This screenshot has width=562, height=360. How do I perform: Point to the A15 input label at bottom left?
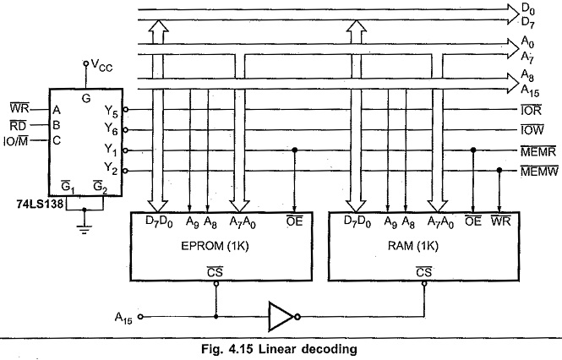pos(126,318)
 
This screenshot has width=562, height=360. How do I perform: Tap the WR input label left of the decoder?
pos(20,110)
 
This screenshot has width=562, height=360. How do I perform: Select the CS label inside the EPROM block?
pos(217,270)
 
